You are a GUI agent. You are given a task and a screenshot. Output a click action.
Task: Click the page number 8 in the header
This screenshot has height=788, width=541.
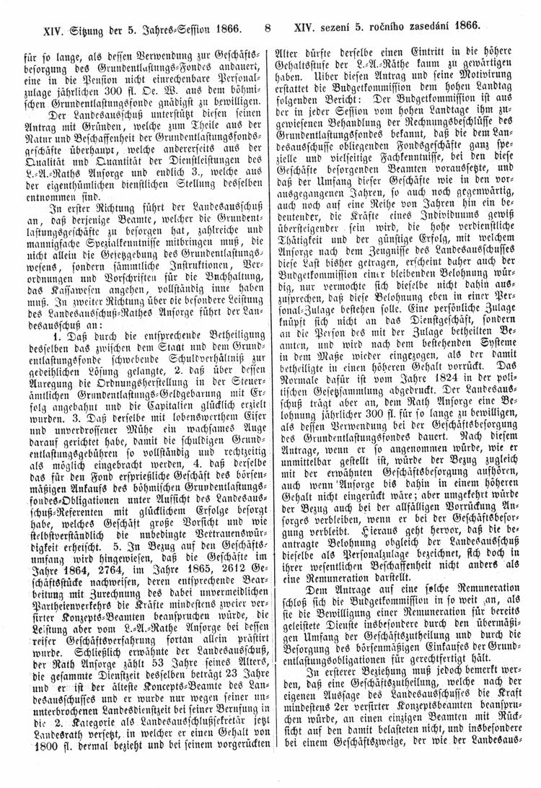pos(267,30)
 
